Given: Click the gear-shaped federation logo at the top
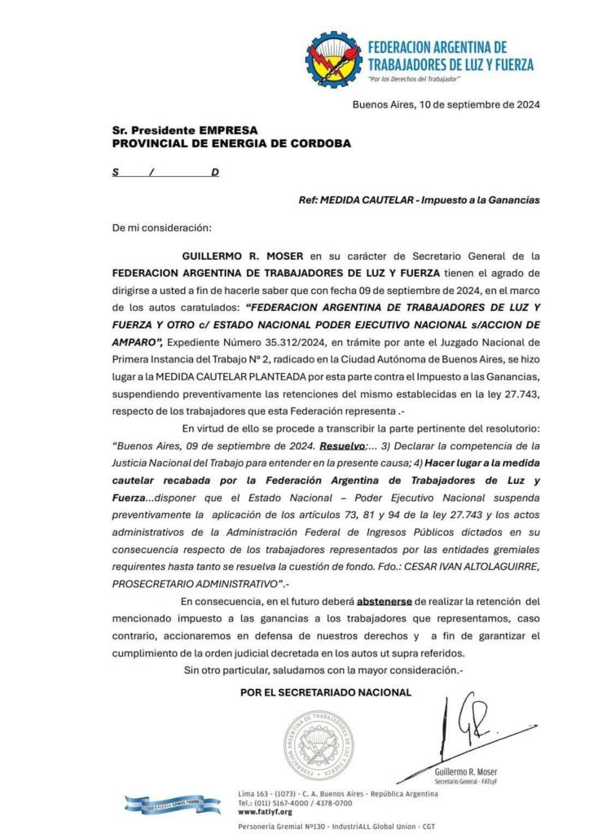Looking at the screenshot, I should point(334,59).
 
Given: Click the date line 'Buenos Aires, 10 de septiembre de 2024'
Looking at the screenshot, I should point(446,104).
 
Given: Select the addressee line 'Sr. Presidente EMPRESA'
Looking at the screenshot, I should point(185,130).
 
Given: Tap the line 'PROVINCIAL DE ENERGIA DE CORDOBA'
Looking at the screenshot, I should point(232,143).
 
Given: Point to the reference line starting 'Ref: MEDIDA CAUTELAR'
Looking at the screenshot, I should point(419,200).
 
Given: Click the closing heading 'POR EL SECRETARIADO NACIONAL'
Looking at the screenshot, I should point(326,692).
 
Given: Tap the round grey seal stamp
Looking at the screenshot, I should point(319,744).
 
